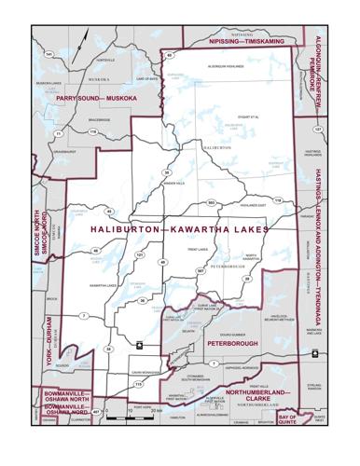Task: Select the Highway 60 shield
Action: (171, 56)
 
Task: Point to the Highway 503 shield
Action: (212, 202)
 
